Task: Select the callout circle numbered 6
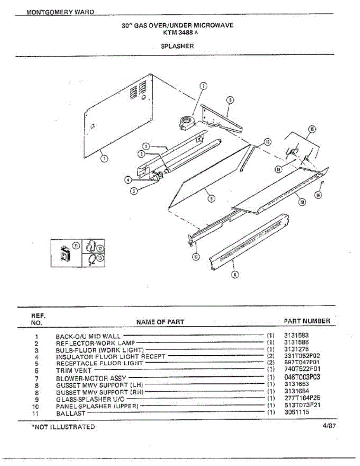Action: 234,275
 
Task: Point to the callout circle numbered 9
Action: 211,199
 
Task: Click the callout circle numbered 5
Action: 133,191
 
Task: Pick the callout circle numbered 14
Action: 318,195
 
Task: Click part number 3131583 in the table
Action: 296,335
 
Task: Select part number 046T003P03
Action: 302,377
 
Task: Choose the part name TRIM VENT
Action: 74,370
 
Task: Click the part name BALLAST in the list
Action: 70,413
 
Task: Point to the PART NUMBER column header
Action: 307,321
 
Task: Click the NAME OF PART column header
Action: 160,322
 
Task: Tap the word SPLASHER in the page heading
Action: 177,46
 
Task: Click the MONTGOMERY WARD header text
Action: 60,12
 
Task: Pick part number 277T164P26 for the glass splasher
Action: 302,398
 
